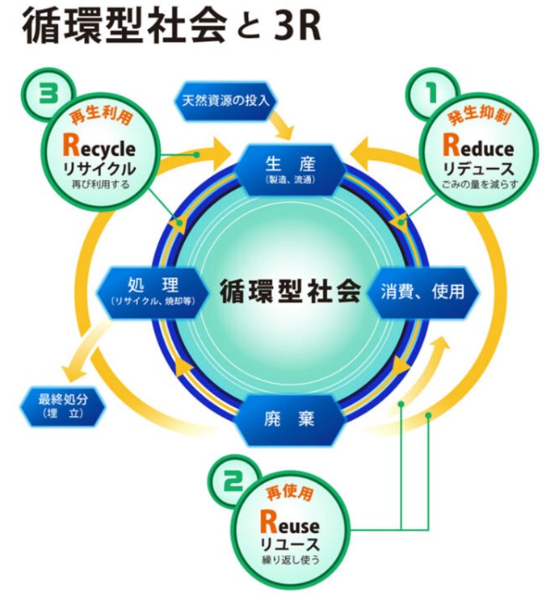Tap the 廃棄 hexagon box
[x=288, y=419]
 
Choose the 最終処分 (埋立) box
[x=61, y=405]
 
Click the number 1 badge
[x=430, y=90]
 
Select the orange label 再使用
[x=288, y=494]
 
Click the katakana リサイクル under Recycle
[x=100, y=169]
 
